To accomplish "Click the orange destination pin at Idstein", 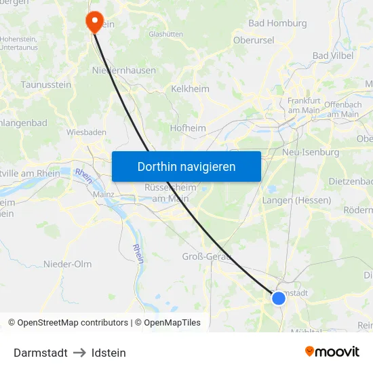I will (93, 20).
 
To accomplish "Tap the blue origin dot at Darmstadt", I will (279, 298).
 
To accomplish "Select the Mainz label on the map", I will (103, 194).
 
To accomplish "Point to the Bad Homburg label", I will (278, 23).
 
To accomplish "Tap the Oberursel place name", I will (254, 40).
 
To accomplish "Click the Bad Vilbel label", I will (334, 55).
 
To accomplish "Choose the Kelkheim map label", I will (191, 89).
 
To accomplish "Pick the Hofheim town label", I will (188, 127).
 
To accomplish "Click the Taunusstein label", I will (46, 85).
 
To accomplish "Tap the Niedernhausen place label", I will (123, 70).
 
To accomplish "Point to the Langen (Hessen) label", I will (296, 200).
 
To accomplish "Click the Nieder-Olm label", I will (67, 264).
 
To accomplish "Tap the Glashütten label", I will (165, 34).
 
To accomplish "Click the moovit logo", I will (332, 351).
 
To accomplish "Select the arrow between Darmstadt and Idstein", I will (79, 353).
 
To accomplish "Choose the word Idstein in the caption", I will (109, 353).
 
